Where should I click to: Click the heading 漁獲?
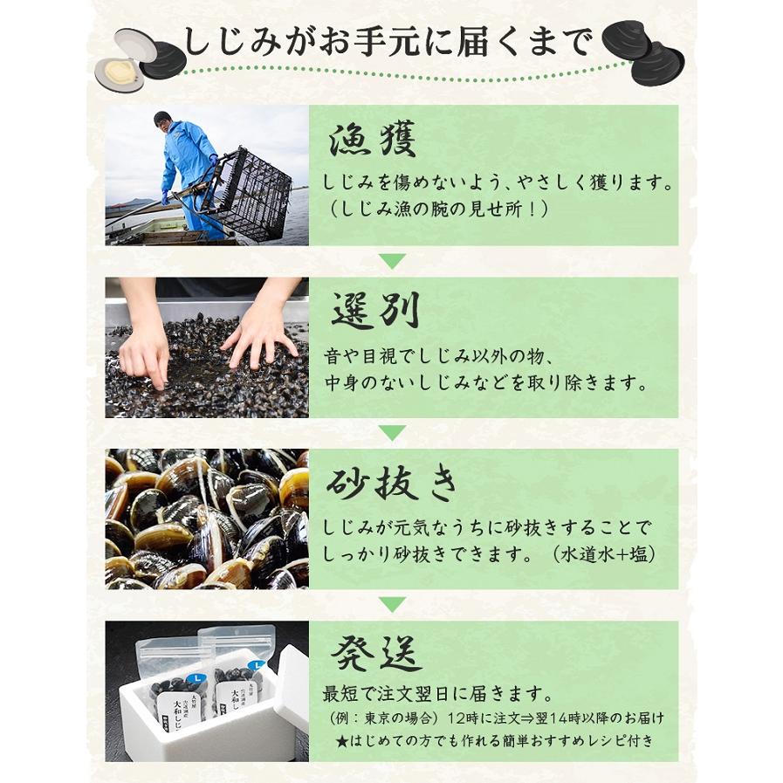pos(372,139)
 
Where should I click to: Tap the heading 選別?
pos(375,310)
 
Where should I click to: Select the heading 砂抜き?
pos(391,484)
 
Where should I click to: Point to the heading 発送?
pos(376,654)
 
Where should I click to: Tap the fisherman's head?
pos(162,120)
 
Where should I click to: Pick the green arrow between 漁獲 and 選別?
pos(392,261)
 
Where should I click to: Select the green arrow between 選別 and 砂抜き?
pos(392,432)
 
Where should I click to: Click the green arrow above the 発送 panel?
pos(392,604)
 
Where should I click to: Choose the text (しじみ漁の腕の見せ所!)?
pos(438,209)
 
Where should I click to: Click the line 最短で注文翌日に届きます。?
pos(438,694)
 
